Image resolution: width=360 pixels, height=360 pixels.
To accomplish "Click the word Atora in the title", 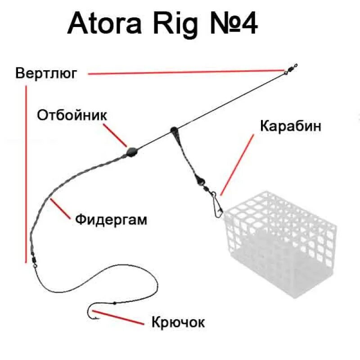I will tap(107, 24).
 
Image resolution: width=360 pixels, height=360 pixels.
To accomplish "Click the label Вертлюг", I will tap(46, 73).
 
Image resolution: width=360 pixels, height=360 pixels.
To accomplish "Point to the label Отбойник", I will tap(72, 115).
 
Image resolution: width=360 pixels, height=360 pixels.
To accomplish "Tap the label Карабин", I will tap(291, 126).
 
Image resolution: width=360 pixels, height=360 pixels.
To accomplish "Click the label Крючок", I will tap(178, 322).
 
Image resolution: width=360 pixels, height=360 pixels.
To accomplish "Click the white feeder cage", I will tap(283, 243).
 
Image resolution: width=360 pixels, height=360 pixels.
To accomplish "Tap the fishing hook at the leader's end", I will tap(93, 312).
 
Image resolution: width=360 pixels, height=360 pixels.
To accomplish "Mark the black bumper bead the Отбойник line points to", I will tap(131, 151).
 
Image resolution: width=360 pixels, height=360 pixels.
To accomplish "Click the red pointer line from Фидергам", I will tap(61, 209).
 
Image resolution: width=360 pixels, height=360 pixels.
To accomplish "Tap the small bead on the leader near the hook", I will tap(115, 303).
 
